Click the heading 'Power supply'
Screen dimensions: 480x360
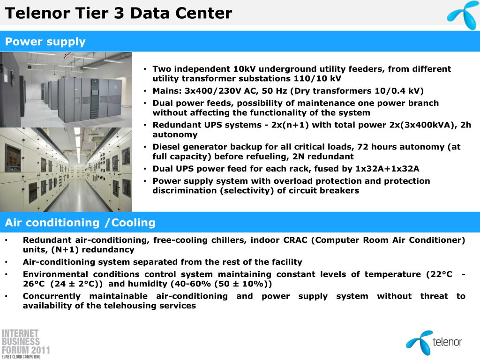point(45,42)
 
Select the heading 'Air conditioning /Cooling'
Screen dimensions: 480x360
point(80,223)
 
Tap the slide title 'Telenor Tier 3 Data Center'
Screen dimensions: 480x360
point(119,13)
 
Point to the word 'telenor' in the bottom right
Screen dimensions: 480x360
point(447,342)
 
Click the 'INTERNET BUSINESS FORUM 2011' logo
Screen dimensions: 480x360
point(26,344)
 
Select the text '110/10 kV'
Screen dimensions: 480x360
point(317,78)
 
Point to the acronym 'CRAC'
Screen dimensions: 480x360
point(295,240)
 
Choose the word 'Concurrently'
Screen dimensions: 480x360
point(52,296)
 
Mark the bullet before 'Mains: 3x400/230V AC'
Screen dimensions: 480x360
point(145,91)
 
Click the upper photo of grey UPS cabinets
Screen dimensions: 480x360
point(66,90)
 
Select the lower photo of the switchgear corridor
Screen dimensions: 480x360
point(66,170)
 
